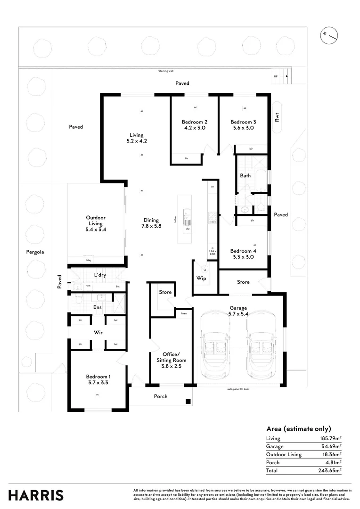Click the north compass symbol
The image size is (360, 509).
[x=328, y=36]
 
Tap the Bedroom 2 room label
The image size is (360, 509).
[x=195, y=122]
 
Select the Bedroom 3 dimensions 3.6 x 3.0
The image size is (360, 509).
[x=243, y=128]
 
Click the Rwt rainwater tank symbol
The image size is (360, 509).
[x=277, y=114]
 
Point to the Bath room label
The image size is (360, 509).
[x=245, y=176]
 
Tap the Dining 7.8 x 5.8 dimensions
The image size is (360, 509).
[x=151, y=226]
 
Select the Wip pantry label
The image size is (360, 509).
[x=201, y=279]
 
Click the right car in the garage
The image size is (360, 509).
[x=262, y=346]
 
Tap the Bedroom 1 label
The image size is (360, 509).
[x=98, y=377]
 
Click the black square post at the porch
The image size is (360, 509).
[x=188, y=402]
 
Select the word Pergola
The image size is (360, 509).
[x=35, y=252]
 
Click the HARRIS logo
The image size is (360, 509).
[x=36, y=495]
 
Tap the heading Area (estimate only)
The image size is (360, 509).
[x=299, y=428]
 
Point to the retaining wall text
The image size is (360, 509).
[x=165, y=71]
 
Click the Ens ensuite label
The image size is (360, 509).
[x=97, y=307]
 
